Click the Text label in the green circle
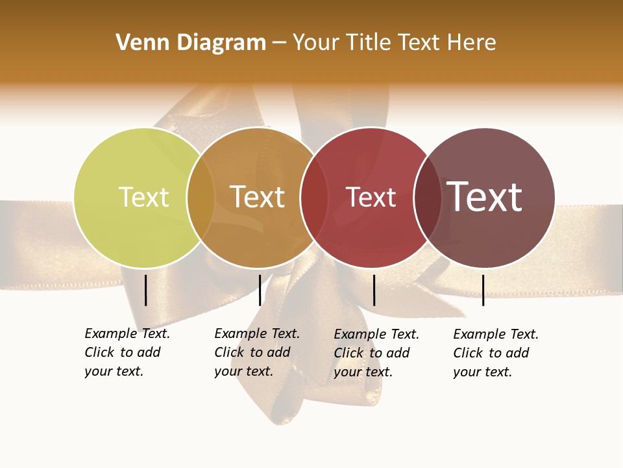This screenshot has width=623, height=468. [143, 197]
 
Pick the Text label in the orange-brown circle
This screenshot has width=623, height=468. [257, 197]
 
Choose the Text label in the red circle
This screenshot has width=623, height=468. [371, 197]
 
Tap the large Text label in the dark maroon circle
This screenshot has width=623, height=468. [484, 197]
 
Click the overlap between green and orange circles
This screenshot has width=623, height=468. [201, 197]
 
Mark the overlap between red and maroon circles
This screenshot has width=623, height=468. [427, 197]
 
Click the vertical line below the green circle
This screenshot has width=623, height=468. [145, 290]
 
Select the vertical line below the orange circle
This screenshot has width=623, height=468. [260, 290]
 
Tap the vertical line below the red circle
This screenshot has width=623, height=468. [374, 290]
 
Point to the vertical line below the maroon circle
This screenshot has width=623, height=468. [483, 290]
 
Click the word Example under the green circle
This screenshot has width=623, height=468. [111, 333]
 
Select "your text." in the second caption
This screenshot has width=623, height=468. [243, 371]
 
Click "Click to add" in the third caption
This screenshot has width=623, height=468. [372, 353]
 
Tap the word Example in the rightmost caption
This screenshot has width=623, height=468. [480, 334]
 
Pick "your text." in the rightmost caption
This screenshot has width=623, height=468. [482, 372]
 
